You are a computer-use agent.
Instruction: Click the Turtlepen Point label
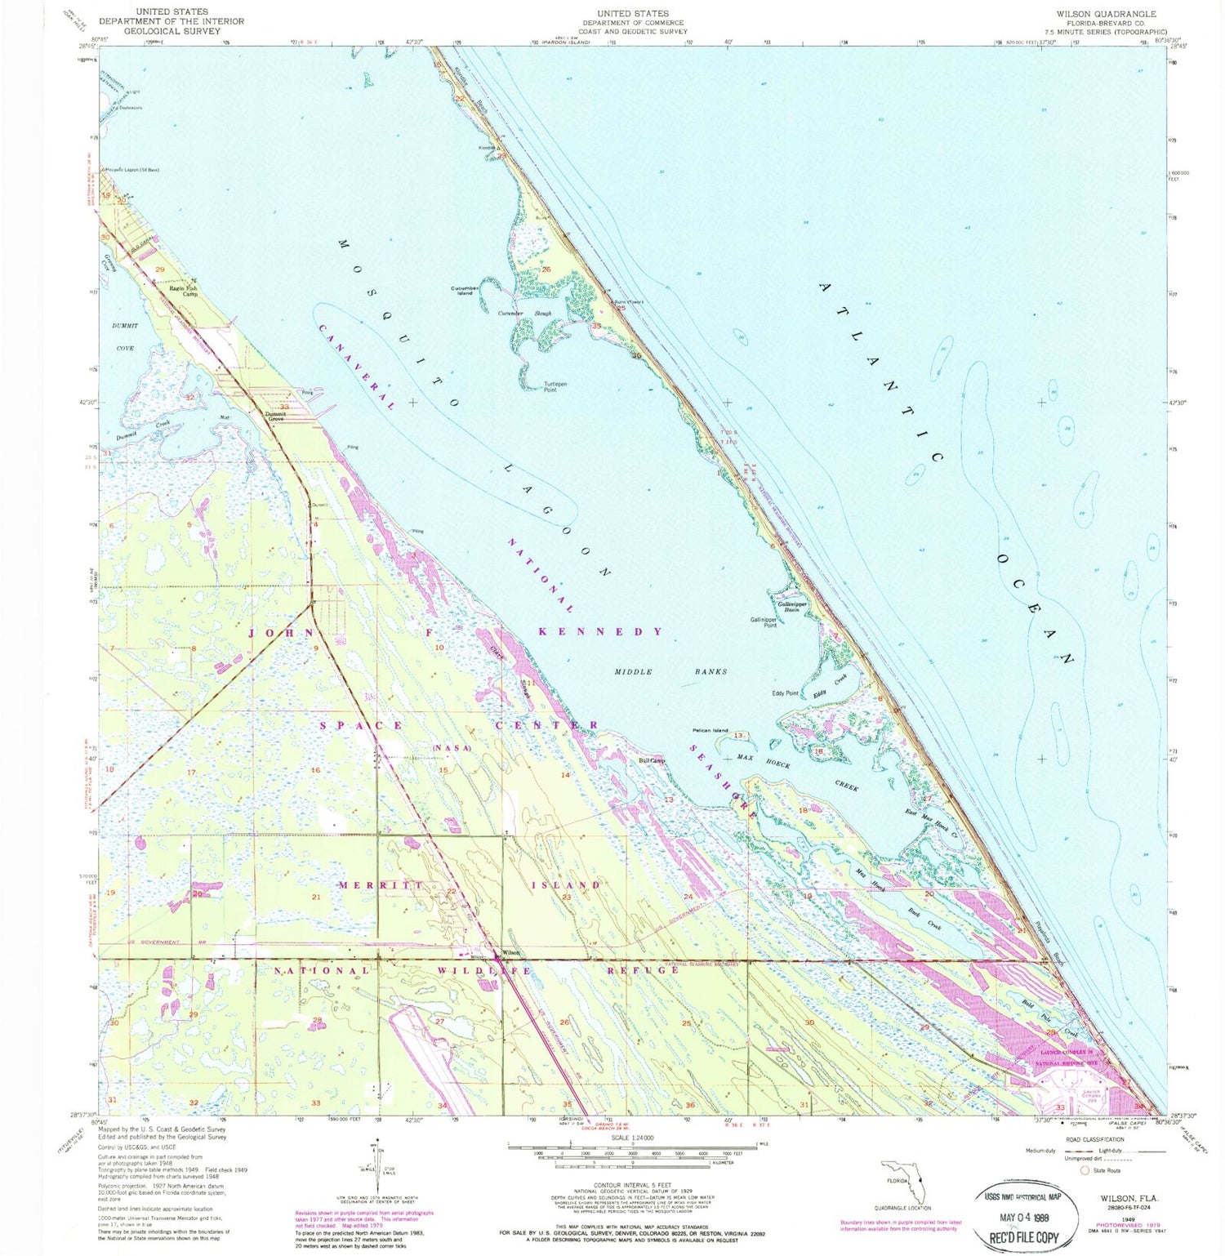point(555,386)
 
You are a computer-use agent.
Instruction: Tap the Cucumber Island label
point(465,290)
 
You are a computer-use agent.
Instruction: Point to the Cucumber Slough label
point(531,313)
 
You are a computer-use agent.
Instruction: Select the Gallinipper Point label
point(764,621)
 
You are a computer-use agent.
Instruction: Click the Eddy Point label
point(786,693)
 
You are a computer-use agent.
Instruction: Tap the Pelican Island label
point(709,730)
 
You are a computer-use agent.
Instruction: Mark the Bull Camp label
point(652,760)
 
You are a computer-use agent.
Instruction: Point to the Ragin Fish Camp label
point(183,291)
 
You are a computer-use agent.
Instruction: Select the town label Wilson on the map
point(510,952)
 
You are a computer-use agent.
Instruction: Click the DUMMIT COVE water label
point(123,336)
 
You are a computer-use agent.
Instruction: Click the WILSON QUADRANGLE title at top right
point(1106,14)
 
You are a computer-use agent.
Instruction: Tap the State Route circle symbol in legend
point(1085,1170)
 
